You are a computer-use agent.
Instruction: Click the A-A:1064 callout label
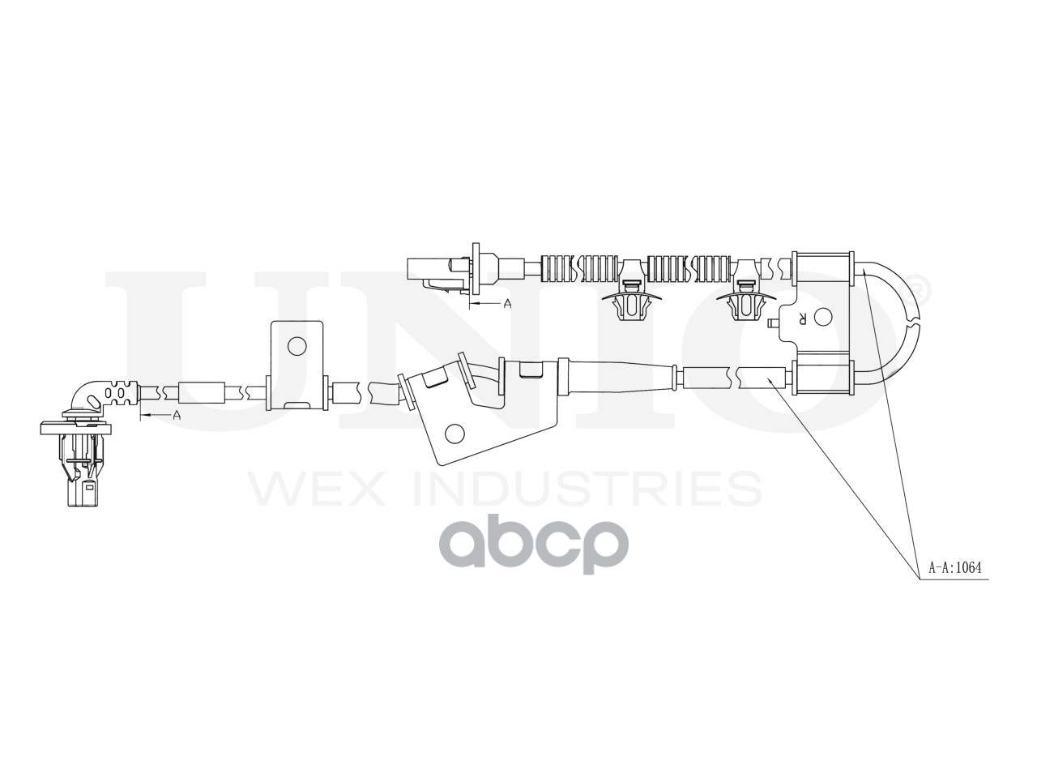957,568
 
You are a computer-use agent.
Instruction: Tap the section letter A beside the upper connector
508,304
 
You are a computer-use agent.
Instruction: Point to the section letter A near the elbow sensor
177,415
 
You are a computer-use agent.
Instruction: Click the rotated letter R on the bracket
802,318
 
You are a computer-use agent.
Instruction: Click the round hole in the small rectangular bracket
297,347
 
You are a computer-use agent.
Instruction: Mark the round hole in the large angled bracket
455,434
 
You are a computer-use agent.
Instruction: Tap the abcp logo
540,546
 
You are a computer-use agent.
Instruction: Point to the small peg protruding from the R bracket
772,323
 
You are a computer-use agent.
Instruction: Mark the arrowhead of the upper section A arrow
474,304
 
